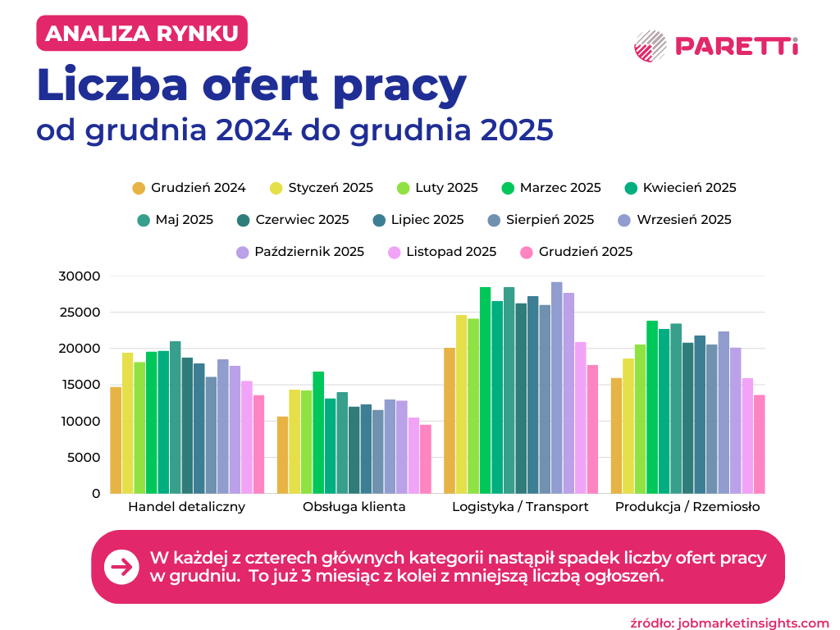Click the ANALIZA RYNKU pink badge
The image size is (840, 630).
tap(142, 34)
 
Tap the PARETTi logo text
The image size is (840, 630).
tap(736, 46)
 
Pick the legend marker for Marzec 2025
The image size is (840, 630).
tap(507, 188)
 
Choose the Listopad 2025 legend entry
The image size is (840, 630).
tap(442, 252)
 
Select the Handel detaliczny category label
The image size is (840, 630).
tap(186, 507)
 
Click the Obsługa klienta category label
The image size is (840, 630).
tap(354, 507)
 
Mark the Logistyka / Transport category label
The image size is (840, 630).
tap(520, 507)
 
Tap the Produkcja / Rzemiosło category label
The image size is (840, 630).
tap(687, 507)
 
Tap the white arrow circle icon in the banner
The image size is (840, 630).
tap(121, 567)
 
